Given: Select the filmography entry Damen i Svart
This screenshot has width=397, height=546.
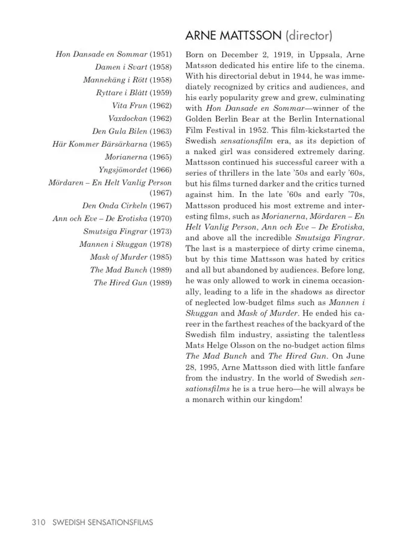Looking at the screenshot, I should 121,67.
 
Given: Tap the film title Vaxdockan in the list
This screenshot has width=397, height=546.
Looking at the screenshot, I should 128,119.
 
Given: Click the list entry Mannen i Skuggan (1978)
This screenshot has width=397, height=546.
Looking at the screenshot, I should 125,244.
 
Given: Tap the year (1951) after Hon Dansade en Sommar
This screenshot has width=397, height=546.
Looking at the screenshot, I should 160,55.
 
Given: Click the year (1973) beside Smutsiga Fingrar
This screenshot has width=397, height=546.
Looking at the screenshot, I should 160,232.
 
